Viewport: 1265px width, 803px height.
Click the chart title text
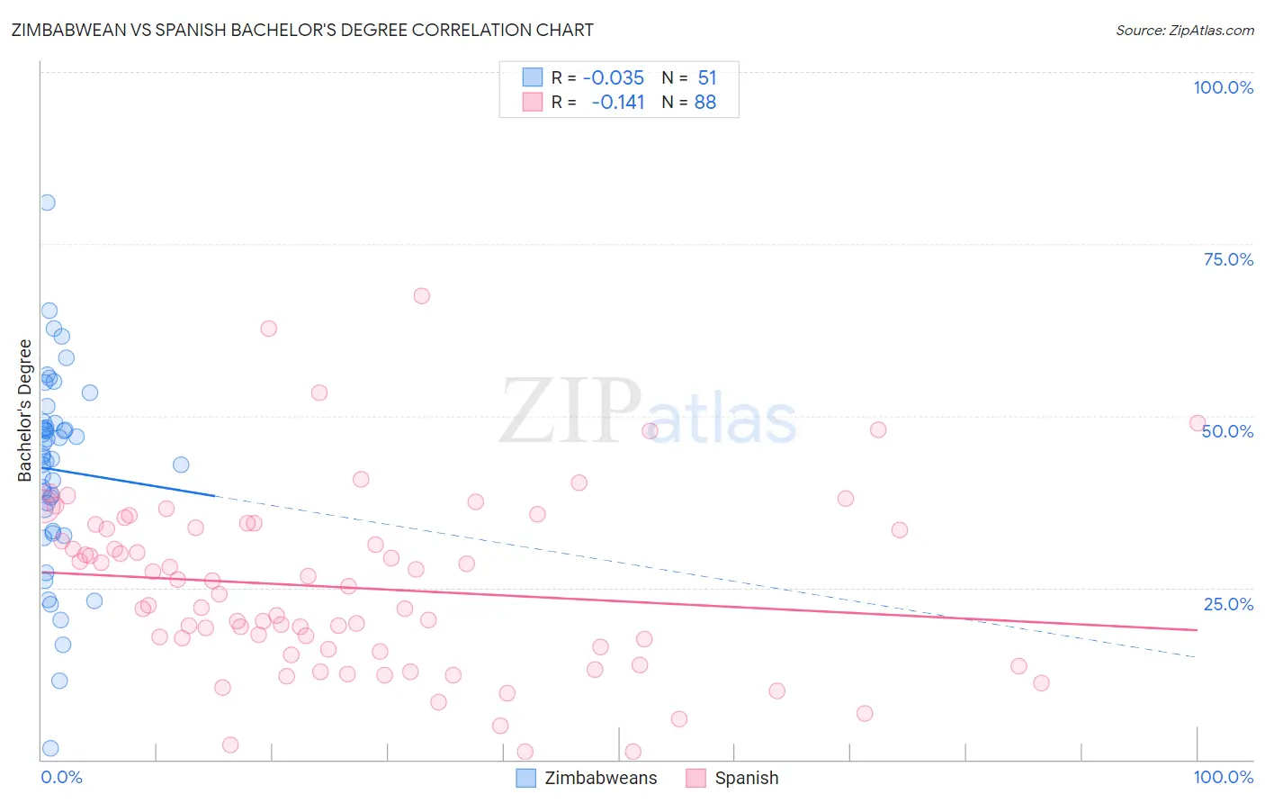tap(302, 30)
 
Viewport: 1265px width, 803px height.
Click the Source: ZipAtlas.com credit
tap(1184, 30)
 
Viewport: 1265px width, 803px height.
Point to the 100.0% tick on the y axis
tap(1223, 87)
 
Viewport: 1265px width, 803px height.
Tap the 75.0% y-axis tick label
tap(1228, 259)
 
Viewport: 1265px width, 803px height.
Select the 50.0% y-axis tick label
tap(1228, 431)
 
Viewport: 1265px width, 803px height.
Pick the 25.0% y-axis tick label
tap(1228, 603)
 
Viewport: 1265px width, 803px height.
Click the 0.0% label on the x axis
tap(61, 777)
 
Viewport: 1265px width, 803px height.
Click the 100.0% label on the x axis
tap(1223, 777)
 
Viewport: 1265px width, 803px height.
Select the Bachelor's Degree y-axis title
tap(25, 411)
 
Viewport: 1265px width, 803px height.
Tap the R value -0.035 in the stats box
tap(614, 77)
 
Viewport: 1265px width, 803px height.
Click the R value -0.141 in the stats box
tap(618, 102)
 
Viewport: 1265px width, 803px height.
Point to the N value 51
tap(707, 77)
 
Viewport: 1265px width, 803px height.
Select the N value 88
tap(705, 102)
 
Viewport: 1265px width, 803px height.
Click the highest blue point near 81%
tap(48, 203)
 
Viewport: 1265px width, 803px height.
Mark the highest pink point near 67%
tap(421, 296)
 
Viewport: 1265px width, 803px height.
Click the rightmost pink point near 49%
tap(1197, 423)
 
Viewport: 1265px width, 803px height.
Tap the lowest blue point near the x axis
tap(50, 748)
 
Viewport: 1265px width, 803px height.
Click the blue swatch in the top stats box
tap(533, 77)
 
